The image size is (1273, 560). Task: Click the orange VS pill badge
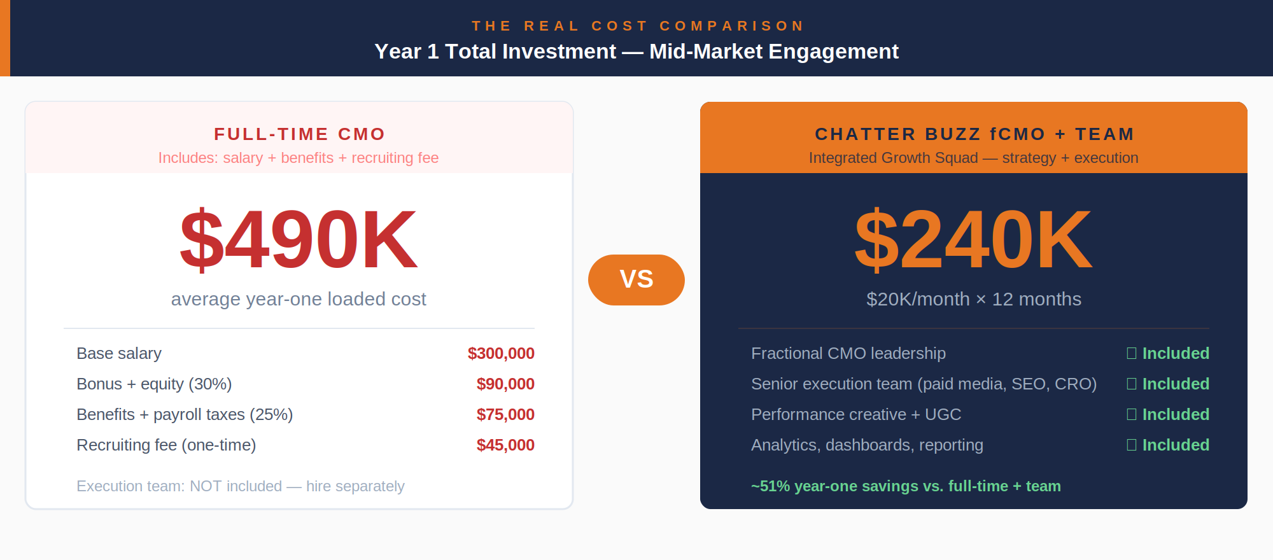click(636, 279)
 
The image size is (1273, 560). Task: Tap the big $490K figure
click(299, 240)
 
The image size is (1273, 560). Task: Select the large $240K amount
click(973, 240)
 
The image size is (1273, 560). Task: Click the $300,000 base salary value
click(501, 353)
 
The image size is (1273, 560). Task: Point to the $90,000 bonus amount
click(505, 384)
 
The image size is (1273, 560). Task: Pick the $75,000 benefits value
click(505, 414)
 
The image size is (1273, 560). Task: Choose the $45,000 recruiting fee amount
click(505, 445)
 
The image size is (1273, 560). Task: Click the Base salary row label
click(119, 353)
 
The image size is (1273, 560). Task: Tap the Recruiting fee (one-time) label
click(166, 445)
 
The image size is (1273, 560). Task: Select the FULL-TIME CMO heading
click(299, 134)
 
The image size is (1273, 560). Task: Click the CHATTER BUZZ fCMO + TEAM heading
click(974, 134)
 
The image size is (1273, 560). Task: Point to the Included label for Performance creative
click(1175, 414)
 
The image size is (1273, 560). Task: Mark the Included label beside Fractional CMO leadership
click(1175, 353)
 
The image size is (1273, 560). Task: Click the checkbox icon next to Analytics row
click(1132, 445)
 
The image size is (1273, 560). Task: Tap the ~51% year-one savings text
click(906, 486)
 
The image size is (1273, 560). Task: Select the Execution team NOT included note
click(241, 486)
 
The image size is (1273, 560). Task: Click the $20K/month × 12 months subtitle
click(973, 299)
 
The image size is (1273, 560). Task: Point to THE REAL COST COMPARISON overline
click(637, 26)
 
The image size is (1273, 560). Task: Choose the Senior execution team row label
click(924, 384)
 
